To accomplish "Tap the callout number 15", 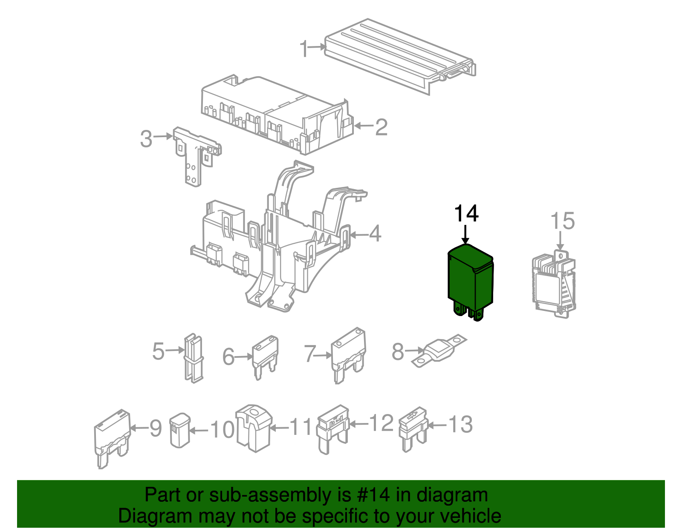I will click(x=562, y=221).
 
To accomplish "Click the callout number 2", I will click(x=381, y=127).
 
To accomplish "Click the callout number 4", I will click(x=375, y=234).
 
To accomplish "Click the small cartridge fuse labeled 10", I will click(x=179, y=430).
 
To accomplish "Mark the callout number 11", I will click(x=301, y=426).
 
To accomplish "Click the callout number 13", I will click(x=460, y=425).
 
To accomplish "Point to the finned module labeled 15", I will click(x=553, y=283).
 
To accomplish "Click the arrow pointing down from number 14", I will click(x=465, y=235).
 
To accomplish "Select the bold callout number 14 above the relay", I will click(x=466, y=214).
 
